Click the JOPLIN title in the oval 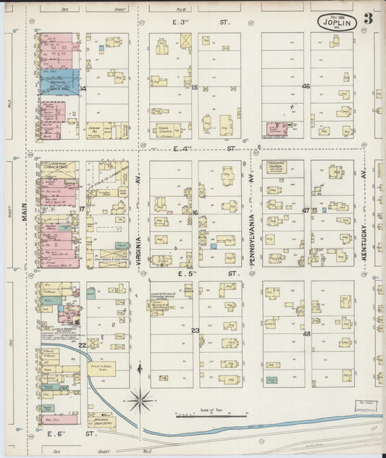pyautogui.click(x=337, y=23)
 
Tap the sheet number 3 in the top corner pyautogui.click(x=369, y=18)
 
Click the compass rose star pyautogui.click(x=140, y=397)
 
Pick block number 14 pyautogui.click(x=83, y=88)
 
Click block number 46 pyautogui.click(x=306, y=86)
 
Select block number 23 pyautogui.click(x=195, y=330)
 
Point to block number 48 pyautogui.click(x=306, y=333)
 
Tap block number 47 pyautogui.click(x=306, y=211)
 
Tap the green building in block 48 pyautogui.click(x=272, y=380)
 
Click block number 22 pyautogui.click(x=83, y=345)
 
